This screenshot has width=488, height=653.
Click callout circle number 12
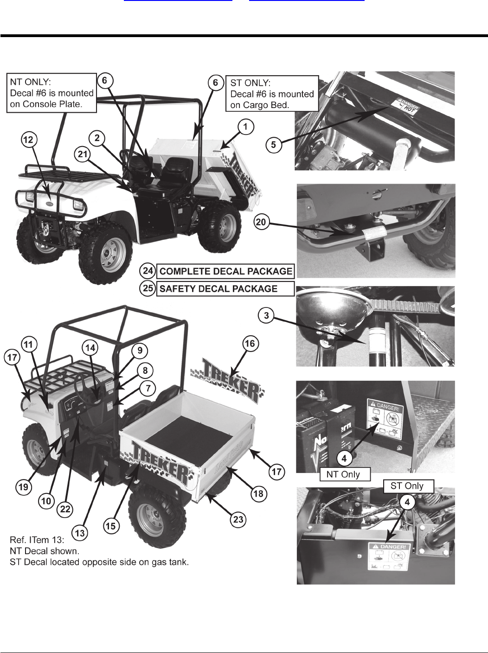point(30,140)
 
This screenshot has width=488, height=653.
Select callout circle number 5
point(274,145)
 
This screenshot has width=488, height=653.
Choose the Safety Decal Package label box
point(225,289)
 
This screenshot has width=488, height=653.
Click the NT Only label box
point(346,474)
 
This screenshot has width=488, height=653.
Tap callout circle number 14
point(91,347)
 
